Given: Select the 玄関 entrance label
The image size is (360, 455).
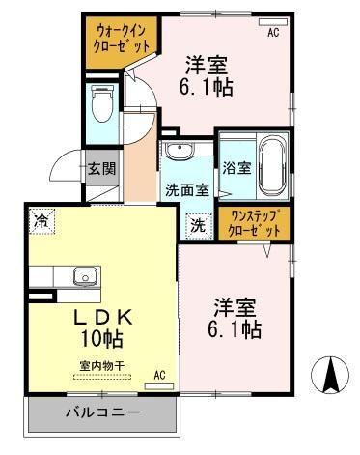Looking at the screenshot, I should pos(102,167).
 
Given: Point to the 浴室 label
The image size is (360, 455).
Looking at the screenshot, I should pos(237,167).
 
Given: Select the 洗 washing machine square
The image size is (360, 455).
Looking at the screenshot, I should pos(198,226).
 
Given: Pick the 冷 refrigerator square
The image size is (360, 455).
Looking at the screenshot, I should pos(42,220).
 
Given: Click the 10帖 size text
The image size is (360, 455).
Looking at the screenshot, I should pos(98,340).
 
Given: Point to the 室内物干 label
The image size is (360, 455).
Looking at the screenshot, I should pos(99,365).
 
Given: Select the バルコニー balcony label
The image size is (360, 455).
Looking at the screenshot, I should pos(102,413).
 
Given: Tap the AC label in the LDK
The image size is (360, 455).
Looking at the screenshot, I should pos(159,375).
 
